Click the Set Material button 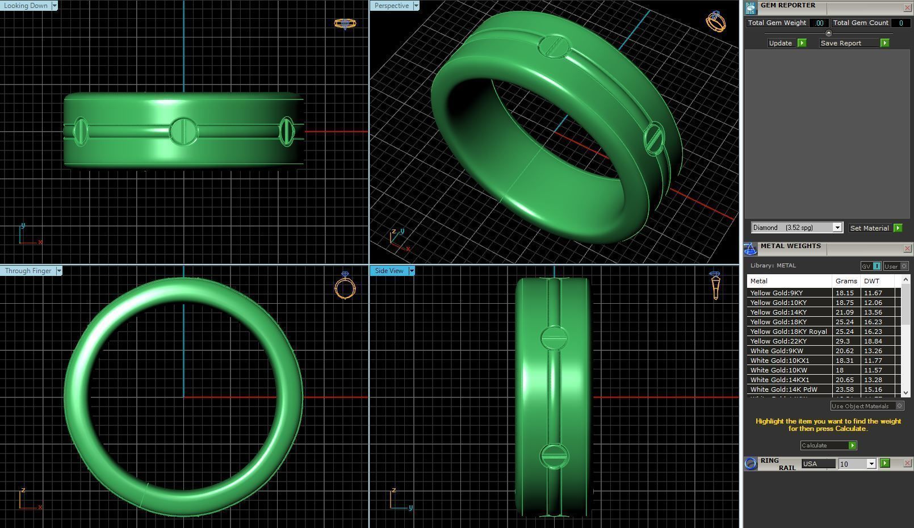click(875, 228)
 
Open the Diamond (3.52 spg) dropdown click(837, 228)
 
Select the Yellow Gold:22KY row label click(778, 341)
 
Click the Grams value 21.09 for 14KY click(844, 312)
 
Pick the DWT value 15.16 click(873, 389)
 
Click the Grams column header click(846, 281)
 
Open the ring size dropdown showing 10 click(871, 464)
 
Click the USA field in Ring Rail click(817, 464)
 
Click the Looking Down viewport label click(26, 6)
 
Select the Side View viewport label click(389, 271)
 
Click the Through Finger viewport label click(28, 271)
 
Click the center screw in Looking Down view click(183, 131)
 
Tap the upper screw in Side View click(554, 338)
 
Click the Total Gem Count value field click(900, 23)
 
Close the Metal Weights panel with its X click(907, 249)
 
